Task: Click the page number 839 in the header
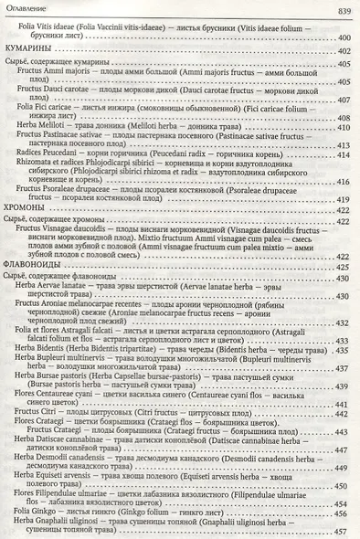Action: pyautogui.click(x=343, y=10)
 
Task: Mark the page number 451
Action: pyautogui.click(x=344, y=490)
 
